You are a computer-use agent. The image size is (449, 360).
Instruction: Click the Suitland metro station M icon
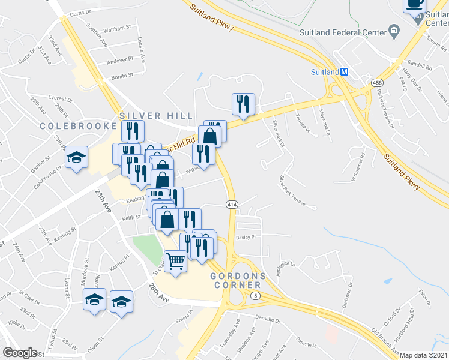(x=345, y=71)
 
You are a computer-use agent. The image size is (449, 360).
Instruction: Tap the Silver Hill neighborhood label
(x=156, y=116)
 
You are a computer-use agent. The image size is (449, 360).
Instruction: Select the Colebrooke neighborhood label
(x=77, y=126)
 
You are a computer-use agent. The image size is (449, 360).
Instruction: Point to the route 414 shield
(x=232, y=205)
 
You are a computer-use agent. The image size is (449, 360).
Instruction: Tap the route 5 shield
(x=256, y=296)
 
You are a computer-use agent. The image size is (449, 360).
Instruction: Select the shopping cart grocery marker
(x=175, y=262)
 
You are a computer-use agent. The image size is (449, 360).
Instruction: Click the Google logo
(x=20, y=353)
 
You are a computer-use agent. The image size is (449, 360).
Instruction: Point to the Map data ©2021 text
(x=423, y=355)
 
